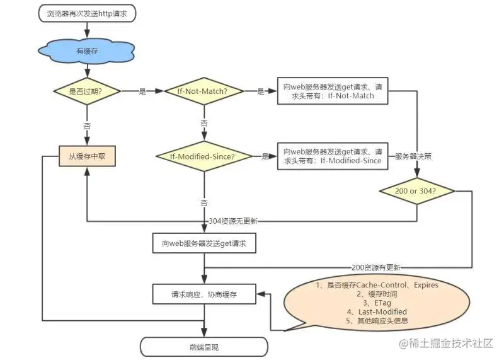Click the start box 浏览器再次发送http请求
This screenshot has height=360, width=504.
click(x=87, y=14)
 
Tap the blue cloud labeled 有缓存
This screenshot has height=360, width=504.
click(x=88, y=52)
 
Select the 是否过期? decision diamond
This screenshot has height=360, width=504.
click(x=87, y=91)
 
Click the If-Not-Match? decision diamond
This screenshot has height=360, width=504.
click(x=203, y=91)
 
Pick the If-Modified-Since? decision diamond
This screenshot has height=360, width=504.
click(x=203, y=156)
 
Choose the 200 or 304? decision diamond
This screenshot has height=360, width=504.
click(x=417, y=190)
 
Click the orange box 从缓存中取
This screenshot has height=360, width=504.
click(x=88, y=156)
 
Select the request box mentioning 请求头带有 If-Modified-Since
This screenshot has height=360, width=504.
click(x=332, y=156)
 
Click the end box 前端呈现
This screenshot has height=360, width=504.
click(x=204, y=346)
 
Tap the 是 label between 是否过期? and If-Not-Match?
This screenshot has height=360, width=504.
click(x=142, y=91)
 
